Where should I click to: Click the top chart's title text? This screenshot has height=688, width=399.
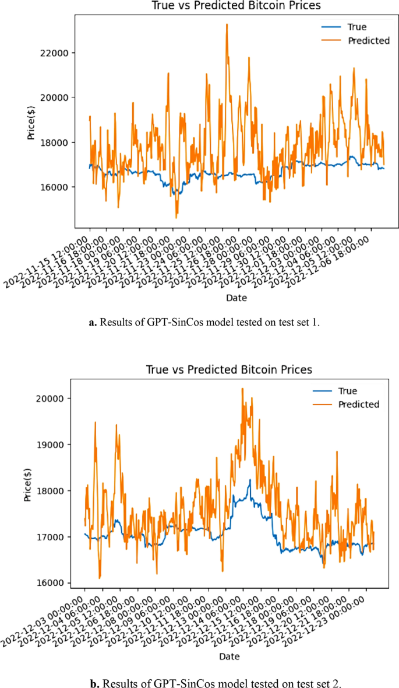236,6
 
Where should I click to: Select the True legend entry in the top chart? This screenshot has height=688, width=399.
356,27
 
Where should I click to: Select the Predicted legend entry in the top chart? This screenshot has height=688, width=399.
368,41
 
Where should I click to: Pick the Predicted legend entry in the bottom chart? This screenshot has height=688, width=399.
358,404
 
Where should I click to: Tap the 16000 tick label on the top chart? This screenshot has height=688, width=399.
55,187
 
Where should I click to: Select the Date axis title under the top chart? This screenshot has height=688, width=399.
236,298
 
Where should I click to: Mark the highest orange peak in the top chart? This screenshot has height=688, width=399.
227,25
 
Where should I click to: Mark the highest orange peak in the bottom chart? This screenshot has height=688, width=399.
242,389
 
